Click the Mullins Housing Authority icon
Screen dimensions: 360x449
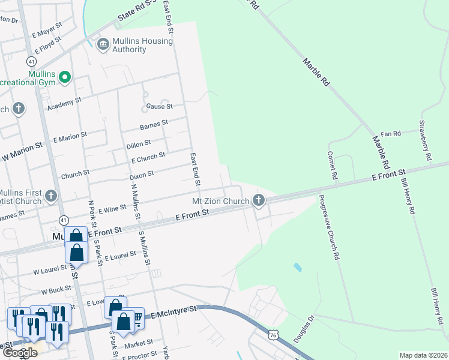coord(103,43)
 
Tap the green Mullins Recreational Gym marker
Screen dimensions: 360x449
coord(65,77)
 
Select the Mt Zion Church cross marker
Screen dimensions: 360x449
coord(259,200)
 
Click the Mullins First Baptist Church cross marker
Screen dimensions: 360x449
coord(51,196)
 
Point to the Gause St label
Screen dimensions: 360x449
coord(159,106)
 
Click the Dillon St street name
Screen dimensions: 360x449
coord(138,144)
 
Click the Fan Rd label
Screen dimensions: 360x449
coord(390,134)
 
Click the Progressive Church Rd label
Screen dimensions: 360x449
coord(329,227)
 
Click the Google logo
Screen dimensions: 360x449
coord(19,352)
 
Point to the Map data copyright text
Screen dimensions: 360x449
coord(423,355)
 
